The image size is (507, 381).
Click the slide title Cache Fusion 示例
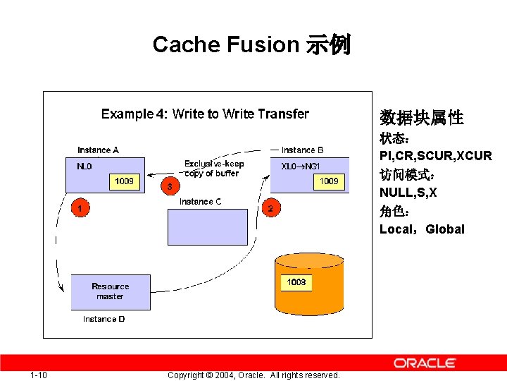point(251,45)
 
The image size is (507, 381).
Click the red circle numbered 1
point(80,208)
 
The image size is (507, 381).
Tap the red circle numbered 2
point(270,208)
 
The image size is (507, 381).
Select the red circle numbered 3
point(169,186)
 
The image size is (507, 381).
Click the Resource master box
point(111,291)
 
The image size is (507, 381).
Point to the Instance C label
point(200,202)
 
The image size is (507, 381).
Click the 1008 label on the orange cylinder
point(296,282)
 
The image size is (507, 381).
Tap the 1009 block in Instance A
point(125,181)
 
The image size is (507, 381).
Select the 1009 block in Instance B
point(329,181)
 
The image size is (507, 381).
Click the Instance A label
point(98,150)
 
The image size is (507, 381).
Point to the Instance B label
point(302,150)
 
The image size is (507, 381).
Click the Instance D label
point(104,319)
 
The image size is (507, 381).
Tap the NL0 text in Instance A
point(84,167)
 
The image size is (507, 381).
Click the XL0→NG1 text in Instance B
point(301,167)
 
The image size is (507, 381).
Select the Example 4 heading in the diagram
point(205,114)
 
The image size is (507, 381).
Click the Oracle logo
point(425,363)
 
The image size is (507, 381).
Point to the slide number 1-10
point(39,375)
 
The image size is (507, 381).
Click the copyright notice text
point(254,375)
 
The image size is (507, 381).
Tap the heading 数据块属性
point(421,118)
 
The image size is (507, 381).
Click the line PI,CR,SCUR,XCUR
point(435,155)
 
